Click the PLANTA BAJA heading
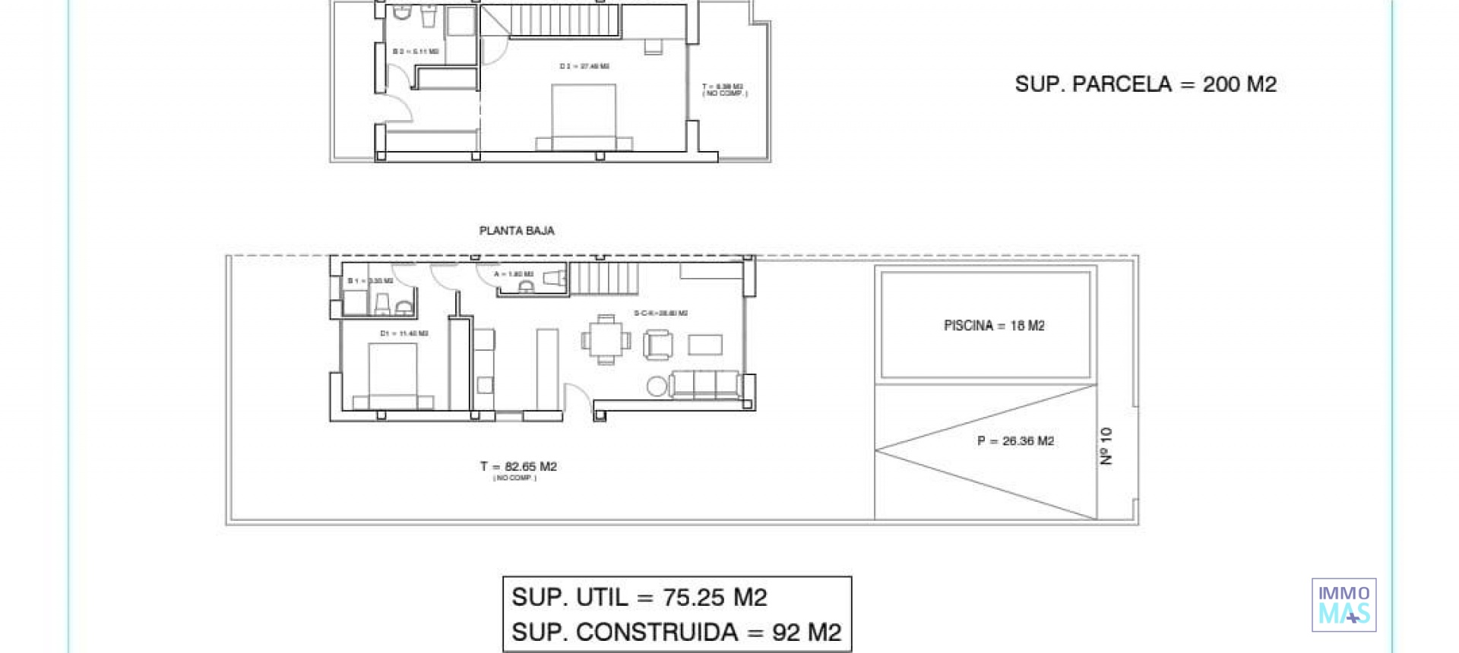coord(517,231)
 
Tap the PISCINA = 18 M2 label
coord(994,326)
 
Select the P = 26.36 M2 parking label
coord(1015,441)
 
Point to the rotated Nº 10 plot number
coord(1106,446)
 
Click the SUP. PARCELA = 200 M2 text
coord(1145,84)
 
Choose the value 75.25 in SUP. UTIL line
coord(694,598)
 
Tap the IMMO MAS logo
coord(1343,605)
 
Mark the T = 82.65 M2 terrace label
coord(518,467)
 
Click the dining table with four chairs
coord(606,340)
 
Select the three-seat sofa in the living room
coord(704,384)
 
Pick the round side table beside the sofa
coord(657,386)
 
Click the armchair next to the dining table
coord(657,345)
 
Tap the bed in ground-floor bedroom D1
coord(393,376)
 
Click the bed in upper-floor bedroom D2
coord(584,116)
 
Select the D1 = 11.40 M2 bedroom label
coord(404,333)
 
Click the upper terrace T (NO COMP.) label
coord(723,90)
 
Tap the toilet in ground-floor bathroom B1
coord(382,304)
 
